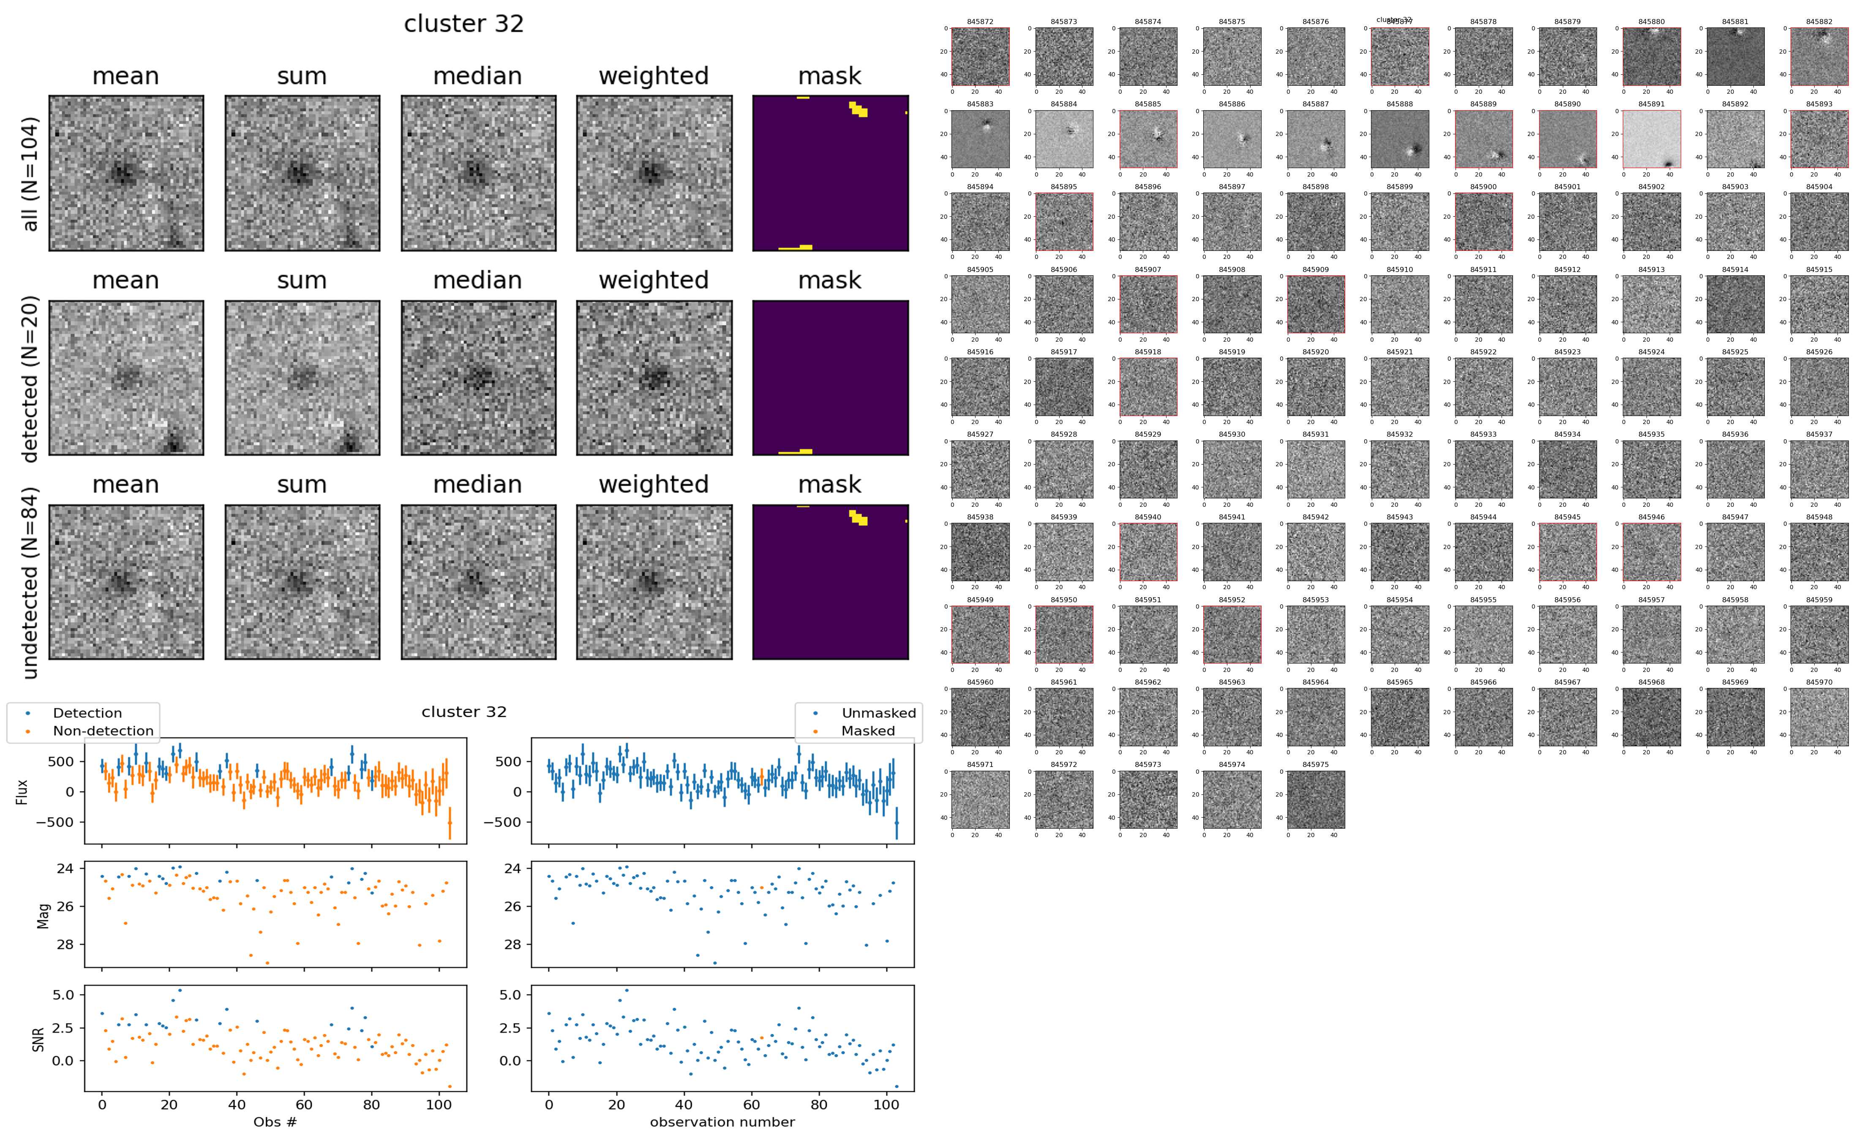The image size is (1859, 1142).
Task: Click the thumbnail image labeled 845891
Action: [1651, 139]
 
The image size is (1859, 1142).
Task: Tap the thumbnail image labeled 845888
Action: [1400, 139]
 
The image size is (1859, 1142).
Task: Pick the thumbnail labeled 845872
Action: [980, 57]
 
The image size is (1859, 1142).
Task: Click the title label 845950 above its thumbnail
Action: [1063, 600]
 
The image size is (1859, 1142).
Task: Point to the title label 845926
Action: [1819, 352]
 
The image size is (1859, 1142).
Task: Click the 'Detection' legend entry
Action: [87, 713]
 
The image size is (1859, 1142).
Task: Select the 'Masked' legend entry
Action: [868, 730]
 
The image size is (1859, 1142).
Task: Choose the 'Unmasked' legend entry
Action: [878, 713]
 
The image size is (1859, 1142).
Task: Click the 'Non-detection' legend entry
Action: [103, 730]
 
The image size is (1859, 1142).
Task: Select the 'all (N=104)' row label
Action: [30, 174]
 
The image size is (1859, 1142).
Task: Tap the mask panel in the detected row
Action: [830, 378]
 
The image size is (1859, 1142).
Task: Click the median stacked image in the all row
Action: [478, 173]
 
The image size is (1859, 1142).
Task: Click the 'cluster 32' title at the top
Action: [464, 24]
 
